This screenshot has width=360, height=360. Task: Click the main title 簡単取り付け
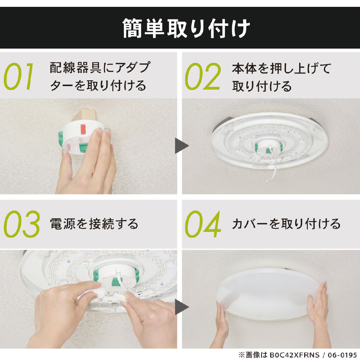click(186, 28)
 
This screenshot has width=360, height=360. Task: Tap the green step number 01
click(19, 76)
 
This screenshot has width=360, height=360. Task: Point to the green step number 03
click(22, 224)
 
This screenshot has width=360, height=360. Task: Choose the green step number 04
click(203, 224)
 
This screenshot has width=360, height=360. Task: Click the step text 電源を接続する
click(94, 224)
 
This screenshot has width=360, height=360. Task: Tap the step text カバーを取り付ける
click(286, 224)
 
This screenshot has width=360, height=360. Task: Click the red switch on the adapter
click(83, 130)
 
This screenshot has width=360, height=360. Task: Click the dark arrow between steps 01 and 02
click(181, 145)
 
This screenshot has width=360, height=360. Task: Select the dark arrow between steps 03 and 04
click(181, 307)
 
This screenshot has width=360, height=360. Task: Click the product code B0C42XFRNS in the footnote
click(294, 355)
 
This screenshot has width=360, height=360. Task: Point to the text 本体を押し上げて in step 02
click(281, 68)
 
